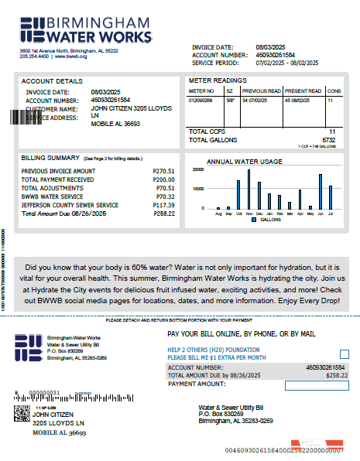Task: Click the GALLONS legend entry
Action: coord(266,220)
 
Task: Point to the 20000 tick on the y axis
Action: coord(197,169)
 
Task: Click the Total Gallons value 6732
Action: coord(328,140)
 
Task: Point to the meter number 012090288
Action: coord(201,100)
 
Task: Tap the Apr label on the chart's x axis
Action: coord(300,213)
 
